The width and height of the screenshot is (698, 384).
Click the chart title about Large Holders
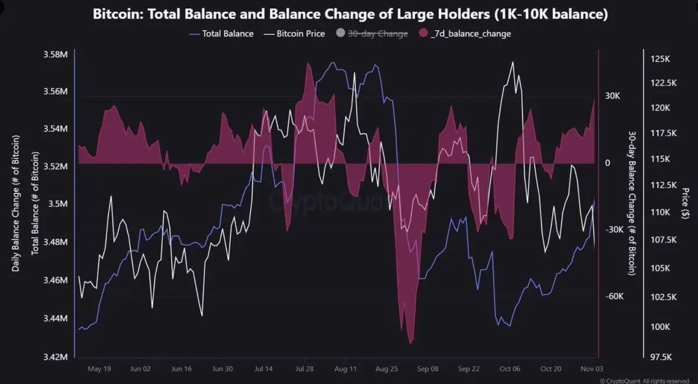[x=351, y=15]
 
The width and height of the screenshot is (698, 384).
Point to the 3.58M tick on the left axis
[x=56, y=55]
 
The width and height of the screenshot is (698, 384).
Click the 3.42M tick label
[x=56, y=356]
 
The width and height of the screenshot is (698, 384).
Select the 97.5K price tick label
[x=662, y=356]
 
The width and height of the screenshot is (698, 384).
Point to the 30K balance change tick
[x=612, y=96]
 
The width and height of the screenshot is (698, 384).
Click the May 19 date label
[x=99, y=368]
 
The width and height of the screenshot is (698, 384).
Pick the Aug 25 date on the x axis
[x=387, y=368]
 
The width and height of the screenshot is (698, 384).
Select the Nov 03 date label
[x=592, y=368]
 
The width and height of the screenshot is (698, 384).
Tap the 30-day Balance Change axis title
[x=632, y=203]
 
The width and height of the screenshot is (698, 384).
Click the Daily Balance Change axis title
[x=16, y=203]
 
